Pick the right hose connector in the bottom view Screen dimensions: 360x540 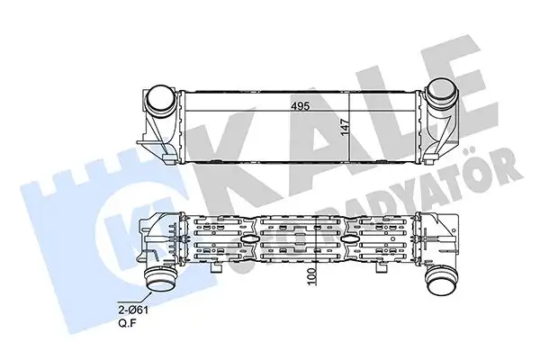[441, 281]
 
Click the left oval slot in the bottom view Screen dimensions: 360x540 [247, 240]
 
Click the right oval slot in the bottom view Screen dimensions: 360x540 [346, 240]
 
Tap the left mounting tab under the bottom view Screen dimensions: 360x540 [216, 267]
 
